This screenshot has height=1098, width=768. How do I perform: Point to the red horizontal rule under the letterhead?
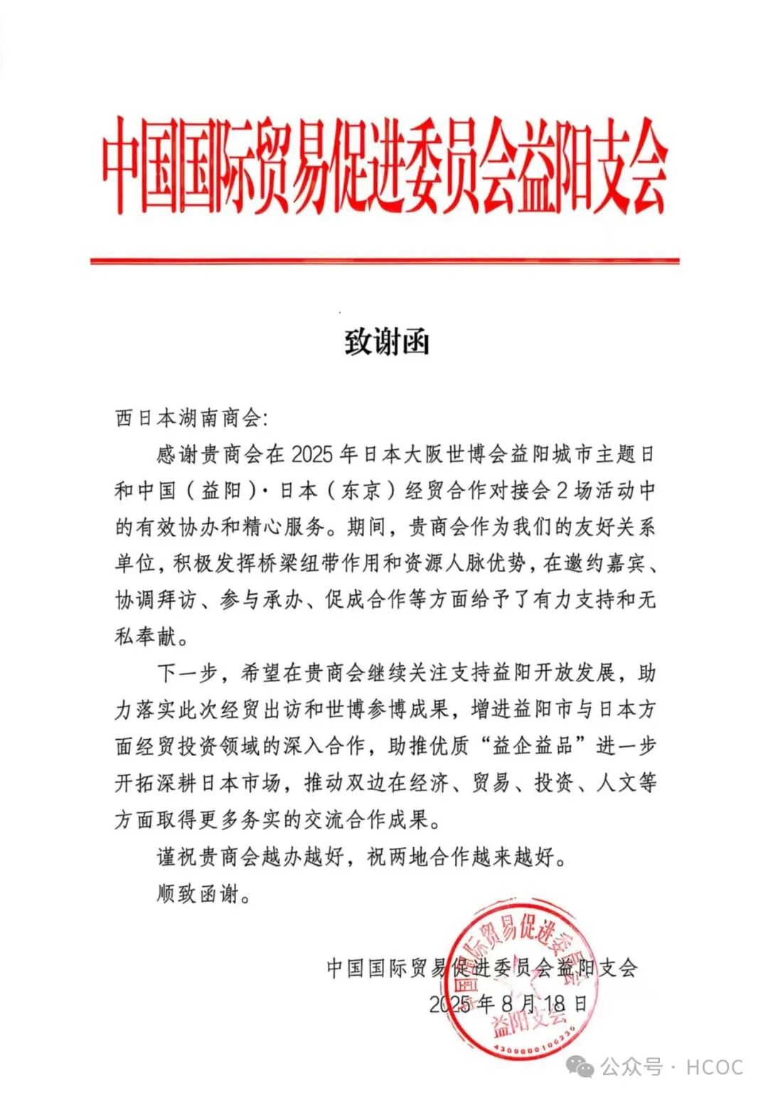(384, 262)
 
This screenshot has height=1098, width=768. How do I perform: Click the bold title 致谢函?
(387, 343)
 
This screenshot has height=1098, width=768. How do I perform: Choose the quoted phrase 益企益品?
(533, 746)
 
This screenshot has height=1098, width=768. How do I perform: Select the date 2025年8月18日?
(508, 1003)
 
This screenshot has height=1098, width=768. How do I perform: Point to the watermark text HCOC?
(714, 1067)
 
